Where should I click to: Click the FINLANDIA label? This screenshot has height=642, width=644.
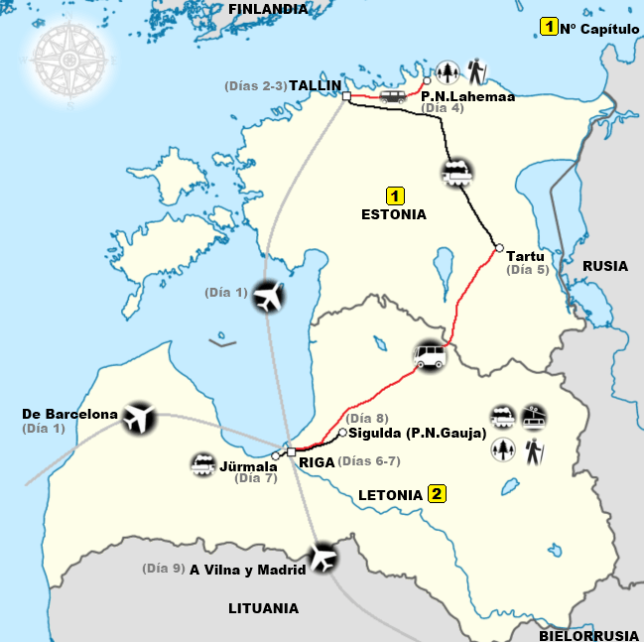coord(268,9)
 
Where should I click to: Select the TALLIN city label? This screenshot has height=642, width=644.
coord(316,85)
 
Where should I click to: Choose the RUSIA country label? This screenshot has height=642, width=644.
coord(605,266)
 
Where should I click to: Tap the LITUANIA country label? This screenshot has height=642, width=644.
coord(263,608)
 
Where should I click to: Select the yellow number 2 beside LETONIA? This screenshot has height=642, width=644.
coord(437,493)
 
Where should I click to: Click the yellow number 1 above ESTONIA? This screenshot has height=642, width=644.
coord(394,195)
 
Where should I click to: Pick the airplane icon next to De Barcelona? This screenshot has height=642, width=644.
coord(138,420)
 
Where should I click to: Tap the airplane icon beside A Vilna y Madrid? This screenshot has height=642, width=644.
coord(323,558)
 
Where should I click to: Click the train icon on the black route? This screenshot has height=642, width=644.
coord(457,174)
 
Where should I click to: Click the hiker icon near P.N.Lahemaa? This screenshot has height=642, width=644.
coord(478,71)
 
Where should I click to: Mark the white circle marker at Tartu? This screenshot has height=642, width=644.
coord(498,249)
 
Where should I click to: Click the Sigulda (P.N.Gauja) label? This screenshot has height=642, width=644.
coord(417,434)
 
